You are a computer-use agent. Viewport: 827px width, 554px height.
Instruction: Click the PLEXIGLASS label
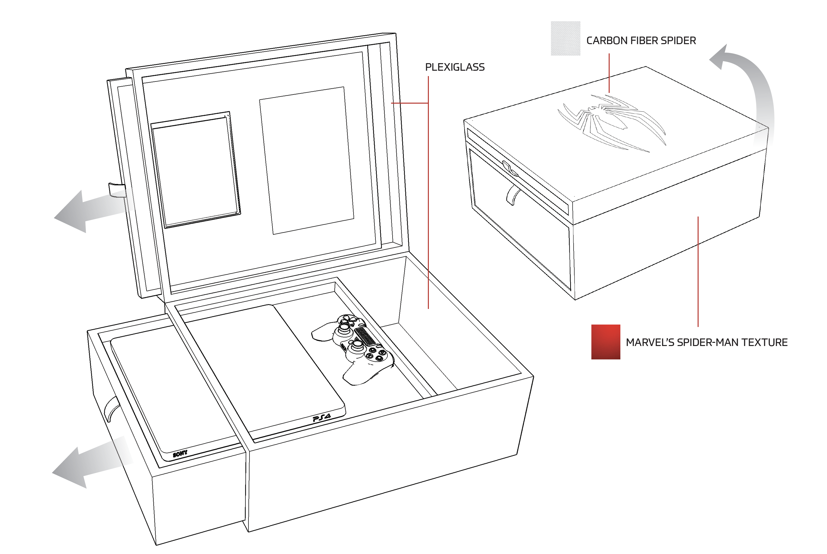455,67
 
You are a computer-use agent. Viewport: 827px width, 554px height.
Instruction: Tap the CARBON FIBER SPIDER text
641,41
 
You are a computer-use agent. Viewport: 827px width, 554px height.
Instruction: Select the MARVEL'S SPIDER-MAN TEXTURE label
707,342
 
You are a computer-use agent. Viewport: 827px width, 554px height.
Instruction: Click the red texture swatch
606,342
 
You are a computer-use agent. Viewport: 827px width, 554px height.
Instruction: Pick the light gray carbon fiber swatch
566,38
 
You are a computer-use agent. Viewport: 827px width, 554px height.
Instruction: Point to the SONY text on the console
180,453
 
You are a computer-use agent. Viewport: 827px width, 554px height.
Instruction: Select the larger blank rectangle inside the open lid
306,160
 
